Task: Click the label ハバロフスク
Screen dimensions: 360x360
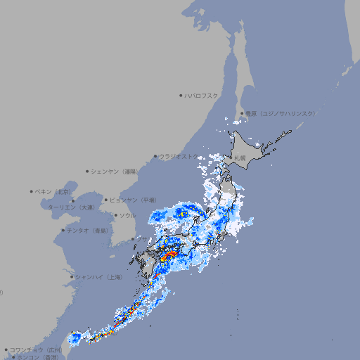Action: click(201, 95)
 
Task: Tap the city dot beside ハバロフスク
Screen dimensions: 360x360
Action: click(181, 95)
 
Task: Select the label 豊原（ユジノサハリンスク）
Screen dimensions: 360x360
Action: click(280, 113)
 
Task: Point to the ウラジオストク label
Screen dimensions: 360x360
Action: click(179, 157)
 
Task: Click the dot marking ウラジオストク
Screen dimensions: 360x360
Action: click(155, 157)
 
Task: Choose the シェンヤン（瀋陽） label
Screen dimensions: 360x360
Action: click(115, 171)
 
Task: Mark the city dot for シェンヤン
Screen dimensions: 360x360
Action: click(87, 171)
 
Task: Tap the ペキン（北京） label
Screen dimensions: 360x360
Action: click(54, 191)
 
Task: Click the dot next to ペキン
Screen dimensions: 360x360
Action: click(32, 191)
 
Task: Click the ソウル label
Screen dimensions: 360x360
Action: click(127, 215)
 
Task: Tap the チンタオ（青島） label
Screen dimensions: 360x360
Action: click(88, 230)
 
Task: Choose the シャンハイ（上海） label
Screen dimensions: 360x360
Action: click(98, 277)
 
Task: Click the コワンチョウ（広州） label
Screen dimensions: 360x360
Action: click(36, 349)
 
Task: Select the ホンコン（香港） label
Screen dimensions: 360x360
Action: click(36, 357)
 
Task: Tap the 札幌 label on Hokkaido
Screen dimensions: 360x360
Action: click(240, 157)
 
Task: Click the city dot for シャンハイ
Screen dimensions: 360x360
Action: click(72, 277)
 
